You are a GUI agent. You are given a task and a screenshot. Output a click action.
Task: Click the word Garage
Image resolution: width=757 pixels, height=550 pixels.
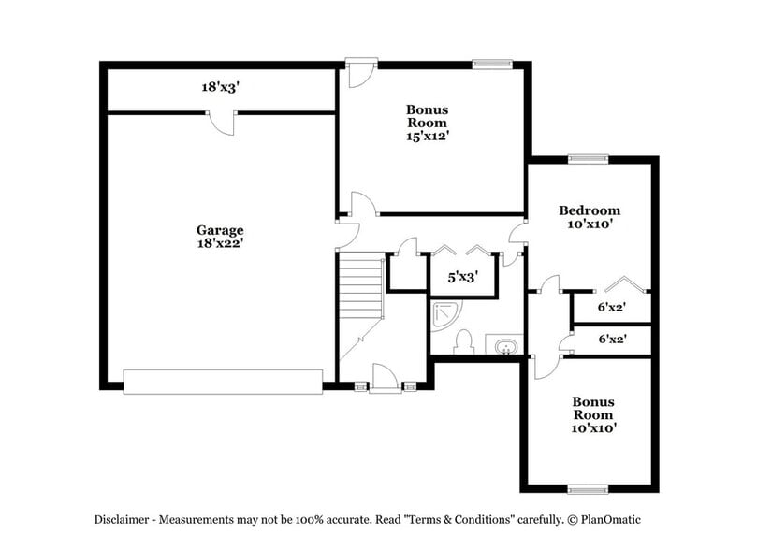pos(220,230)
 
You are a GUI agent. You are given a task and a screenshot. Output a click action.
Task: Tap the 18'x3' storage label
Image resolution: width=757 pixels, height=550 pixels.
pos(220,87)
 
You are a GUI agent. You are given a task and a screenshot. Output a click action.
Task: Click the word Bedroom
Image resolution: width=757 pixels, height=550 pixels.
pos(590,210)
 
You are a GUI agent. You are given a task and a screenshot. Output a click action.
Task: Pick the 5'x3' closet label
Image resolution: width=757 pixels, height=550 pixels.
pos(462,277)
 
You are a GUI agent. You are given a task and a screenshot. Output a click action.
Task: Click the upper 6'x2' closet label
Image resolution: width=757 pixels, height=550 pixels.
pos(612,306)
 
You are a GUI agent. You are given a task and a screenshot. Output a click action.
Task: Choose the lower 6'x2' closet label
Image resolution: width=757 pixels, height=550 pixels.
pos(612,340)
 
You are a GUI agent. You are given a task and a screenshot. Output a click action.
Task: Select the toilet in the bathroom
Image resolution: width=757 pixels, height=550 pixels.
pos(465,343)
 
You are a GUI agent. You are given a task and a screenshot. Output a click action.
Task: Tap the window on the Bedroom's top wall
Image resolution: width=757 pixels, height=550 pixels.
pos(588,158)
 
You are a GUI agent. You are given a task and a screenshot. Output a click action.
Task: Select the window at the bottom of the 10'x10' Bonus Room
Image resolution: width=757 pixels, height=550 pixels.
pos(588,488)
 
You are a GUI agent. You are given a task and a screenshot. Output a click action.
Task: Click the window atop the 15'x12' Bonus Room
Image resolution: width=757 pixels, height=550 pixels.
pos(492,64)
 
